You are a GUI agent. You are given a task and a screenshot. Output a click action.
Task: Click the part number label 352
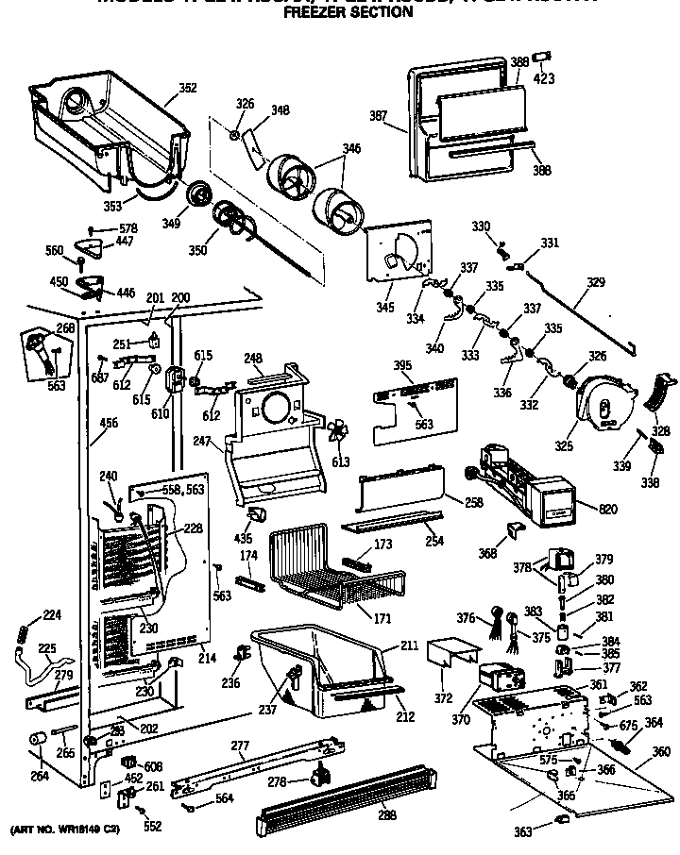[x=188, y=88]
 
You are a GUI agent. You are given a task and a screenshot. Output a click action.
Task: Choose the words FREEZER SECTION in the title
[x=335, y=13]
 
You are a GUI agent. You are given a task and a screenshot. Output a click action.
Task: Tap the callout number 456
[x=109, y=424]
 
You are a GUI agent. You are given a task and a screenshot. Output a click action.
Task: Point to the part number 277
[x=241, y=746]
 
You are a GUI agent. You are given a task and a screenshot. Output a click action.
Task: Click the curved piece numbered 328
[x=660, y=390]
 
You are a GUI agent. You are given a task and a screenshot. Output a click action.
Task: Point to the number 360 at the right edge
[x=662, y=751]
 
